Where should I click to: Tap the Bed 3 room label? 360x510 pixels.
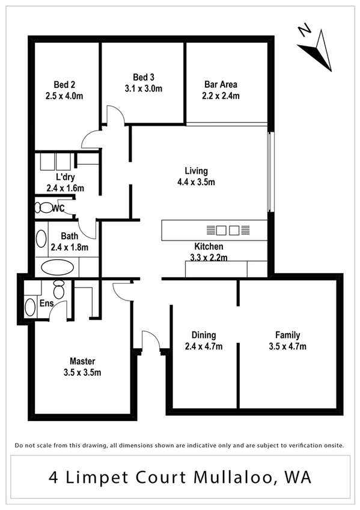pos(144,77)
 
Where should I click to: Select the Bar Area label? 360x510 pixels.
pos(221,85)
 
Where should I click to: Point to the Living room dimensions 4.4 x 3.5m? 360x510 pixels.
pos(196,182)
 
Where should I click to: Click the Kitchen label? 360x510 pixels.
pos(209,247)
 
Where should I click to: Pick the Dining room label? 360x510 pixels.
pos(204,335)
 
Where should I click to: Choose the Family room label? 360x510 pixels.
pos(287,335)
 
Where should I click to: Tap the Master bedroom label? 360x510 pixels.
pos(82,361)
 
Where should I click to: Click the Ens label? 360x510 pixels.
pos(46,304)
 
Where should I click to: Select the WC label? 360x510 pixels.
pos(58,209)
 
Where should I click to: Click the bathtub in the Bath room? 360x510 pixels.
pos(58,267)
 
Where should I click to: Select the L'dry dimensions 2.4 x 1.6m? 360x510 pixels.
pos(65,188)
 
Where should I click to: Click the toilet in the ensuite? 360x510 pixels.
pos(59,289)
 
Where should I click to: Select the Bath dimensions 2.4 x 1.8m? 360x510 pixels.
pos(69,247)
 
